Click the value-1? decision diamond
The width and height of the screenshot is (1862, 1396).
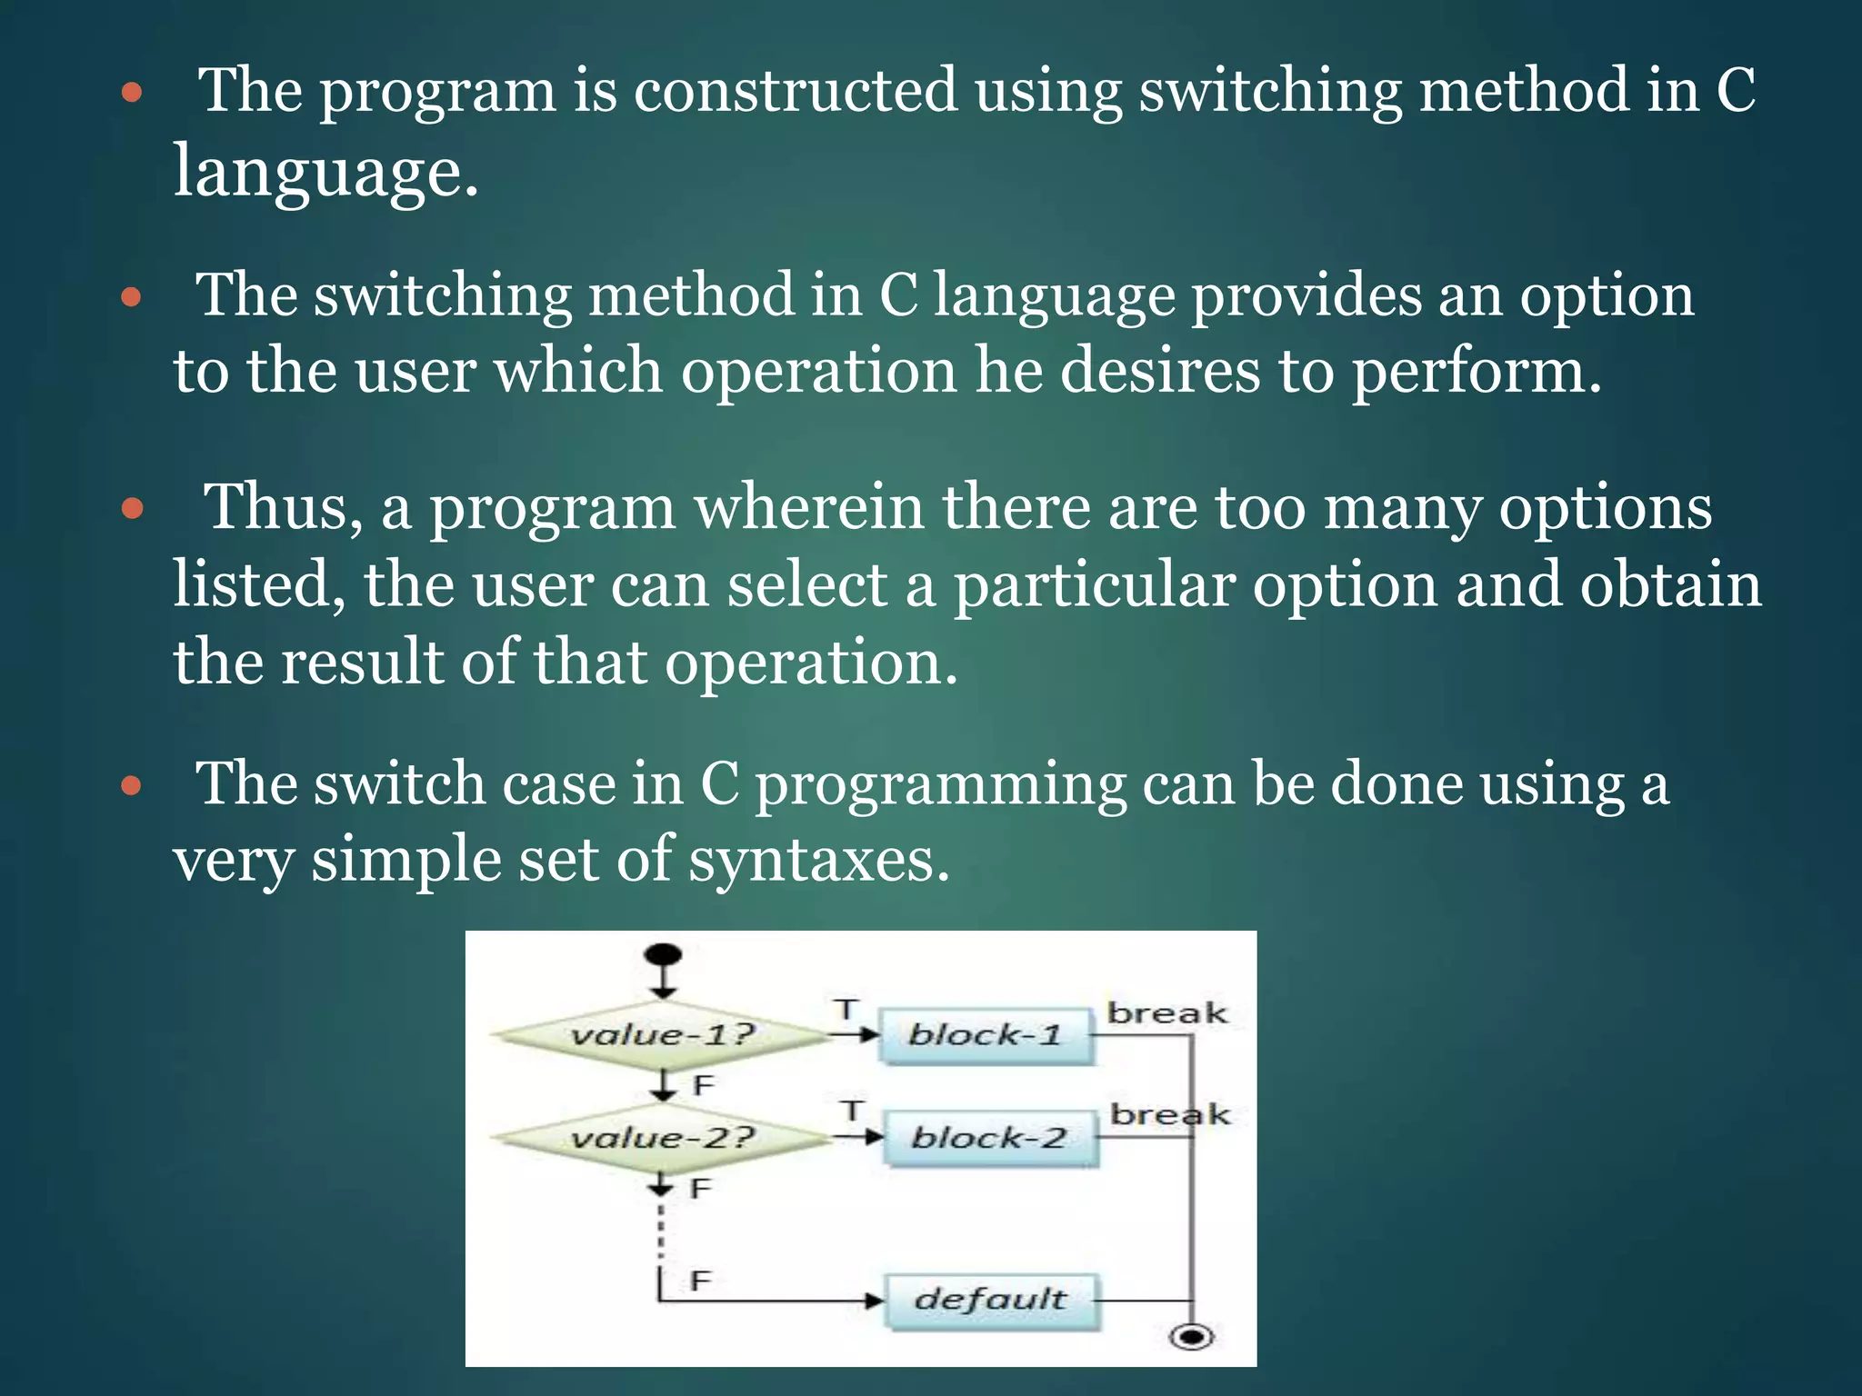[x=662, y=1035]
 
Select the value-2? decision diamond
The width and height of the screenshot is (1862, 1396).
[x=662, y=1138]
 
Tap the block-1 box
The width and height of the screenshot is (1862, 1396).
[x=986, y=1035]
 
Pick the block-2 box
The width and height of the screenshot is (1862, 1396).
[x=989, y=1138]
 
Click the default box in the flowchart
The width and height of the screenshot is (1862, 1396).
[x=991, y=1300]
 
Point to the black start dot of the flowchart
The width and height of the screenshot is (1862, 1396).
[x=662, y=955]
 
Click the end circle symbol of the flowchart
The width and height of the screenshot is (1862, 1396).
[x=1192, y=1337]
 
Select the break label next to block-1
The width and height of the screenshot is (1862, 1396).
[x=1166, y=1012]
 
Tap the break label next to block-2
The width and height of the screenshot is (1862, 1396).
[x=1170, y=1114]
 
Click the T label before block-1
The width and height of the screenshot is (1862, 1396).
[x=846, y=1009]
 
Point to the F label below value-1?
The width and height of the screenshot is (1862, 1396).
[x=703, y=1084]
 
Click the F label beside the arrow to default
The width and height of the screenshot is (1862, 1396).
[x=699, y=1281]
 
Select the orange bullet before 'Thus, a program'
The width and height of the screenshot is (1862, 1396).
[x=133, y=508]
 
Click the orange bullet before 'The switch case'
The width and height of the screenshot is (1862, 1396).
[x=133, y=784]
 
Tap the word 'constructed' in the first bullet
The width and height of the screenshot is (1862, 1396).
[x=795, y=91]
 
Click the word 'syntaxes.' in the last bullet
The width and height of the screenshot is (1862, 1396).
[x=818, y=860]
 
